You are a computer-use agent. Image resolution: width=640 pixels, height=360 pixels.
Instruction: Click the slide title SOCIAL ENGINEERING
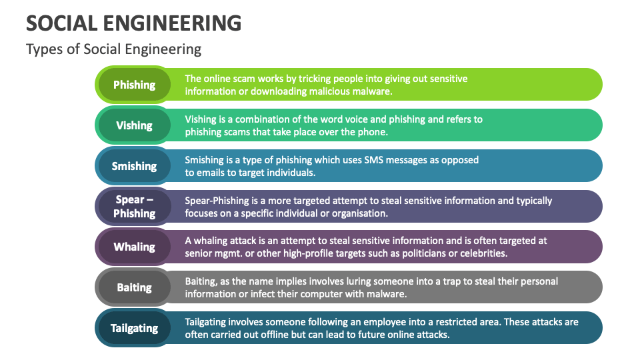pos(133,23)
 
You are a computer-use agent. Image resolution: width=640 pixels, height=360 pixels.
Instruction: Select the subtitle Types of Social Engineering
pos(113,49)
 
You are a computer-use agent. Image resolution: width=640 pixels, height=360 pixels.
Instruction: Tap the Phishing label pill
pos(134,85)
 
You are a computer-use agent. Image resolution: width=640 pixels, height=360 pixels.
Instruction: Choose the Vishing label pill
pos(134,125)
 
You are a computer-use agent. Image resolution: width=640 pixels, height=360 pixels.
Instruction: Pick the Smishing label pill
pos(134,166)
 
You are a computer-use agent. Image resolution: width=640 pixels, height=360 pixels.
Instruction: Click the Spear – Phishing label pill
pos(134,206)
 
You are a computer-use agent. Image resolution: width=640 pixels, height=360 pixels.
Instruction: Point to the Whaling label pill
pos(134,247)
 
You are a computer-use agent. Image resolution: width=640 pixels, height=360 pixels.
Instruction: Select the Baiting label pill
pos(134,287)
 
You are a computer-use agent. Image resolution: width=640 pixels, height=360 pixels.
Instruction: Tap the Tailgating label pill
pos(134,328)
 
